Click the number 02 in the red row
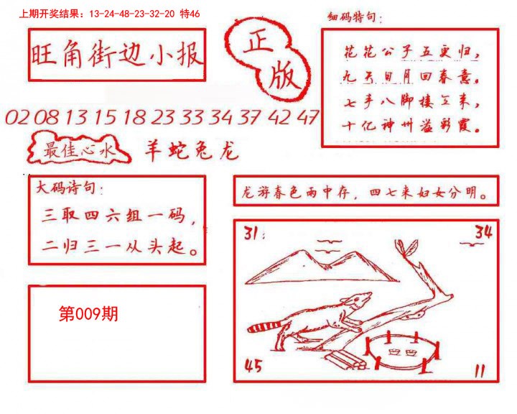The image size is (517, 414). (17, 118)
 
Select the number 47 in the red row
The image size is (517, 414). (307, 118)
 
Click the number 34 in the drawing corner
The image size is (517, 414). (483, 231)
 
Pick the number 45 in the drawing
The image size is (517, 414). (253, 367)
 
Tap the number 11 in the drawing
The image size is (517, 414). (480, 371)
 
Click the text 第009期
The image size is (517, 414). (88, 314)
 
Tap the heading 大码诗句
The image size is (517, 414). (70, 190)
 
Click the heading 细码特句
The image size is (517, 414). (355, 18)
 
